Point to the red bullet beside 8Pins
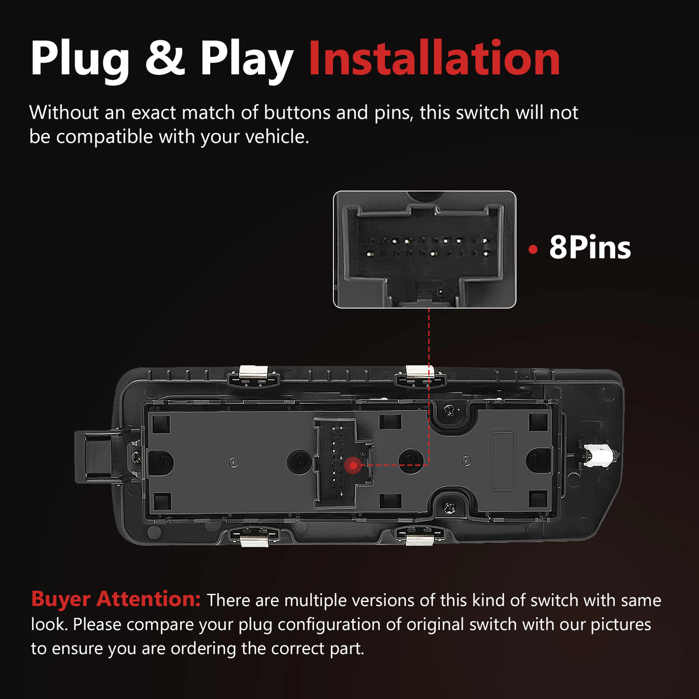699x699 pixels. (x=533, y=249)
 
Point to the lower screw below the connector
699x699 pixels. (x=449, y=508)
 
